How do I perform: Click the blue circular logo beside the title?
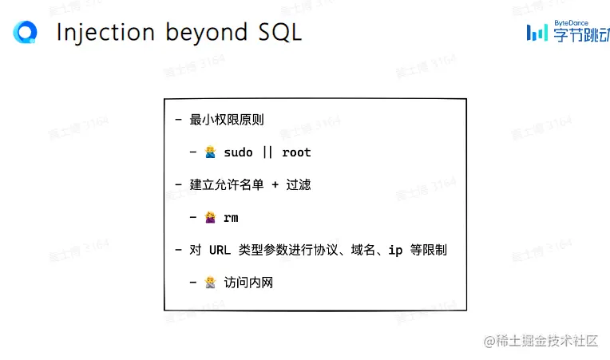(x=26, y=32)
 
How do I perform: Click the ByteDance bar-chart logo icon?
(x=537, y=32)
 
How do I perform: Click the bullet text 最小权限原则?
(x=227, y=120)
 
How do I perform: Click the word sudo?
(x=238, y=152)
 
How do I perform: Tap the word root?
(x=296, y=152)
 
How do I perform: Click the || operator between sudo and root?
(x=267, y=152)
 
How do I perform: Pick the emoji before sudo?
(x=211, y=152)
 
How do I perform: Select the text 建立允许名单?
(x=227, y=184)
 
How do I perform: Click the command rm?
(x=231, y=217)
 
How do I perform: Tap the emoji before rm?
(x=211, y=217)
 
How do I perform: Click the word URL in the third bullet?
(x=220, y=250)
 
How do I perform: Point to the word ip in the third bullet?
(x=395, y=250)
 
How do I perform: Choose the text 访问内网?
(x=248, y=282)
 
